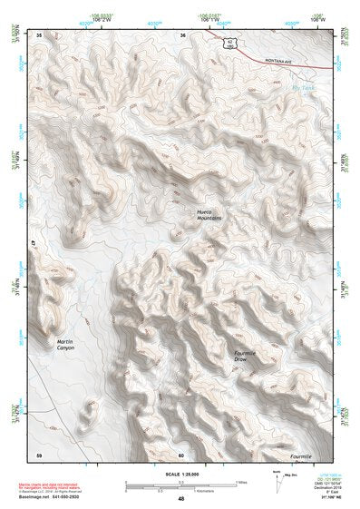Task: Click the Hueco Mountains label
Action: point(209,215)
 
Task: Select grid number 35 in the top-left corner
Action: point(38,34)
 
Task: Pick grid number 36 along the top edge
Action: point(182,34)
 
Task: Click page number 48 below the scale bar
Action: point(180,499)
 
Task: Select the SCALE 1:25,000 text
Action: point(180,469)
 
